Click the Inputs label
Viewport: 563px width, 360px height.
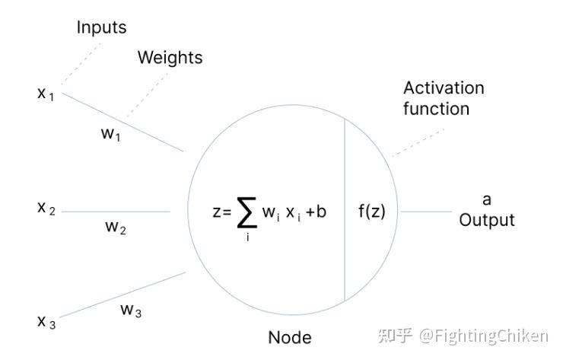(101, 28)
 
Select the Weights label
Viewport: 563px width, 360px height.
(170, 58)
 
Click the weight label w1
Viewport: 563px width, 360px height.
(111, 134)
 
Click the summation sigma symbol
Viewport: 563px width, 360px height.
(247, 212)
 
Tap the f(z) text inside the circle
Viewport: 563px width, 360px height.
(372, 212)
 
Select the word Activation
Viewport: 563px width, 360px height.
(444, 88)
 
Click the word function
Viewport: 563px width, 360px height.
(436, 109)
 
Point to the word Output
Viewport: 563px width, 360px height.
(487, 220)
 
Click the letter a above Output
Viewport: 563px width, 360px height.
(487, 200)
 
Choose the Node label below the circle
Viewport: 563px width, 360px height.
(289, 337)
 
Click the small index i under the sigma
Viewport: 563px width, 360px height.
(247, 241)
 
